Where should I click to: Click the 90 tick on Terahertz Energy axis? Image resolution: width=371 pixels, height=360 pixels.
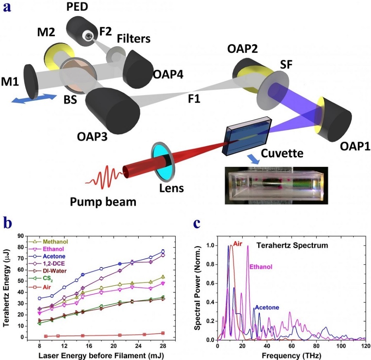(x=19, y=235)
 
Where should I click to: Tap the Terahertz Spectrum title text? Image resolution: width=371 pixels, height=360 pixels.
(x=292, y=245)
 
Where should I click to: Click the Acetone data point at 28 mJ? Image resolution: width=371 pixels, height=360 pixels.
(x=163, y=251)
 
